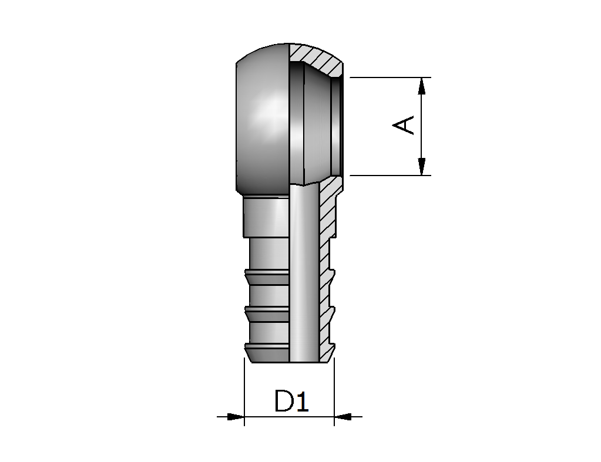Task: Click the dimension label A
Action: [x=403, y=125]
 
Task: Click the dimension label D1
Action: [x=291, y=401]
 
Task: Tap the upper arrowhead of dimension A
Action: [x=422, y=86]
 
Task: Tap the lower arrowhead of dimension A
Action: [x=422, y=167]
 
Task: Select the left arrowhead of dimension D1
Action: [x=236, y=416]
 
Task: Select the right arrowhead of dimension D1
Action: [x=343, y=416]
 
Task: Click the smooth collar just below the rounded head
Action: [x=266, y=217]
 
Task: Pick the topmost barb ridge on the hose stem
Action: [x=267, y=276]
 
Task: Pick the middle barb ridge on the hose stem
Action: [x=267, y=313]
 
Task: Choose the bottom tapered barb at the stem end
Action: [x=267, y=353]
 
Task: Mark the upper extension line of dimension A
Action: [x=390, y=77]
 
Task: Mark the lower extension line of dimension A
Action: [x=390, y=176]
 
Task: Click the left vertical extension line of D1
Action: [x=244, y=392]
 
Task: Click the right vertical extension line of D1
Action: [x=334, y=392]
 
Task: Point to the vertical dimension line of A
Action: [x=422, y=126]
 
